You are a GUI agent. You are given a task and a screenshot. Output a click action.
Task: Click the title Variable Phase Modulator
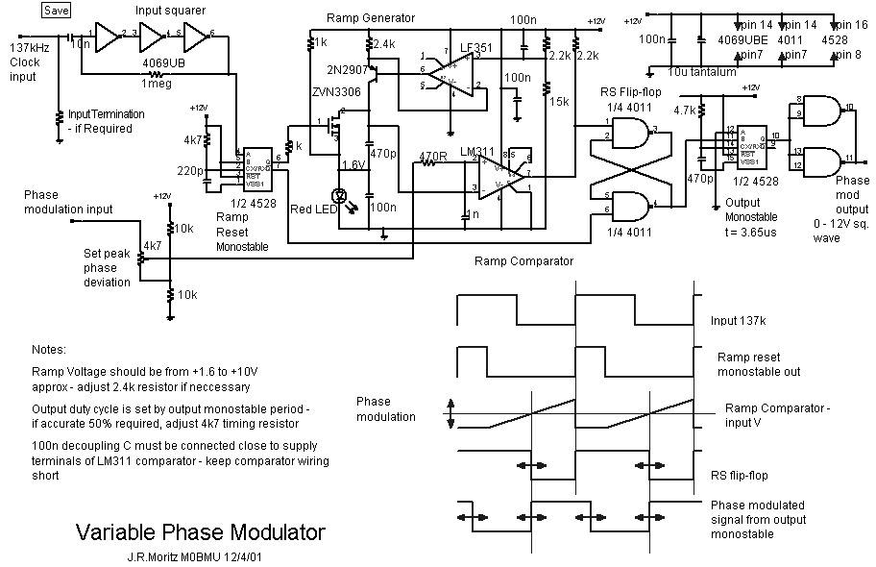click(200, 532)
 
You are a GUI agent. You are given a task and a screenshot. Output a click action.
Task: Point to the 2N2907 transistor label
click(347, 69)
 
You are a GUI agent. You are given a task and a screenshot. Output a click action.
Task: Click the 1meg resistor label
click(156, 84)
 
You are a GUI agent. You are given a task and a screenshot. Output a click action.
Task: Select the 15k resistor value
click(558, 103)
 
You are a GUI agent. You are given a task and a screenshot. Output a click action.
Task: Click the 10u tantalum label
click(709, 72)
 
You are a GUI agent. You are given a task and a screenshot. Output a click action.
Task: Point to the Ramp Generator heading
click(371, 18)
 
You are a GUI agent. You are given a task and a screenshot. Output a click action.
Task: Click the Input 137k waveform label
click(743, 320)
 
